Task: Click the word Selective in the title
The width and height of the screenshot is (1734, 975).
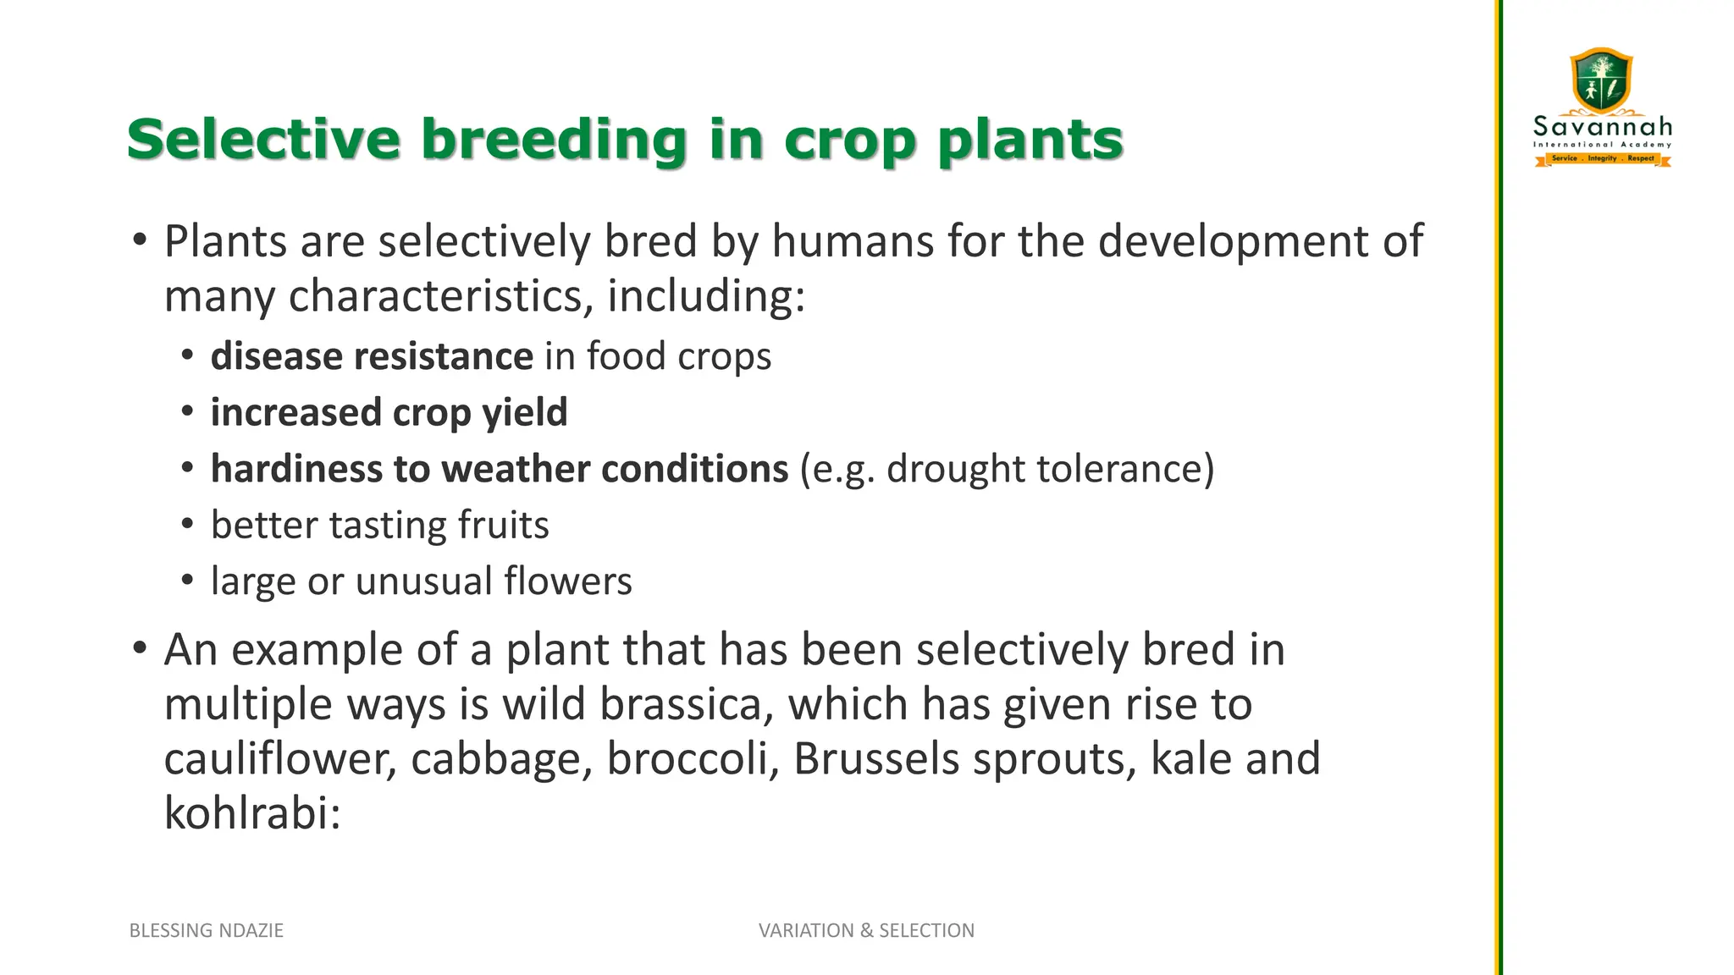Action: click(263, 139)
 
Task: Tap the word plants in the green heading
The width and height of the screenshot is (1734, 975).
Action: click(1030, 140)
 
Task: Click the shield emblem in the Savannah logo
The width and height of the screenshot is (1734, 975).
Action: click(1601, 80)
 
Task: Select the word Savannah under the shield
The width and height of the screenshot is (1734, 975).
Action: click(1603, 128)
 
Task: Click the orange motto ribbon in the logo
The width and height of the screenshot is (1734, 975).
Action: click(1603, 158)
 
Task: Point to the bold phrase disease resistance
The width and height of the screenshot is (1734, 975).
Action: click(372, 356)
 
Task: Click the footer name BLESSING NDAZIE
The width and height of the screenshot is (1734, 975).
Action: click(207, 930)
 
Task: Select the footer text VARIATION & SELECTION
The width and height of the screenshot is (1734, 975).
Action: click(866, 930)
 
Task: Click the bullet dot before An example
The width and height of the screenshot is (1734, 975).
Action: click(140, 649)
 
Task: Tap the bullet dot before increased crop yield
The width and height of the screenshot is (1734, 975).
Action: click(188, 411)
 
